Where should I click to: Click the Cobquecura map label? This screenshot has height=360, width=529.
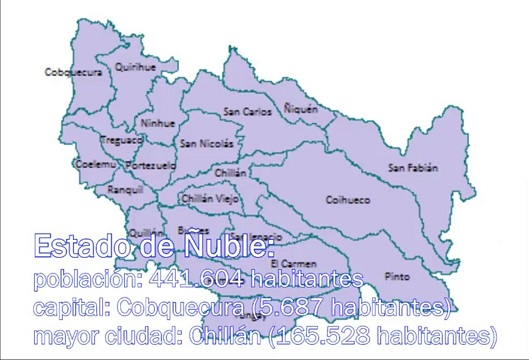pyautogui.click(x=73, y=72)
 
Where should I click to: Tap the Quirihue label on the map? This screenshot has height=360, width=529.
pyautogui.click(x=135, y=67)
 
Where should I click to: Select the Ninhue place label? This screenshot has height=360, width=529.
pyautogui.click(x=158, y=123)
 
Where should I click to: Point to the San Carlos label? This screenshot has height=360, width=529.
pyautogui.click(x=247, y=111)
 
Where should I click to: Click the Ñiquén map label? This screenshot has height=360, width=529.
pyautogui.click(x=300, y=106)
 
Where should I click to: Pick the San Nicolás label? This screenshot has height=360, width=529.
pyautogui.click(x=208, y=143)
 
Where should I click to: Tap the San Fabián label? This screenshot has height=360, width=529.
pyautogui.click(x=413, y=168)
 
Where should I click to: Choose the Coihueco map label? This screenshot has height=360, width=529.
pyautogui.click(x=347, y=200)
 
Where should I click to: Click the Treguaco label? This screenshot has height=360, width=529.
pyautogui.click(x=122, y=141)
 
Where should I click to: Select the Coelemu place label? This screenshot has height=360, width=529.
pyautogui.click(x=68, y=163)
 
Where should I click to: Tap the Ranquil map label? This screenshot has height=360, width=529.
pyautogui.click(x=125, y=189)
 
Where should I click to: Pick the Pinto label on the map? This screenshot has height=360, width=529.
pyautogui.click(x=397, y=276)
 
